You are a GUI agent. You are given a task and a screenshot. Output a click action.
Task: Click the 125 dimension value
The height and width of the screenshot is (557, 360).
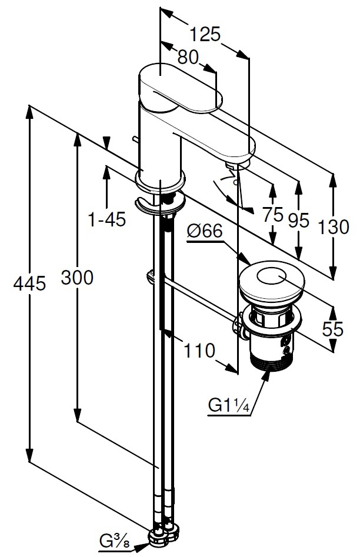click(x=206, y=35)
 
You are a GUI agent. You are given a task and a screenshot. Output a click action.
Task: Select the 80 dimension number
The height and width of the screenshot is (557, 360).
click(x=188, y=57)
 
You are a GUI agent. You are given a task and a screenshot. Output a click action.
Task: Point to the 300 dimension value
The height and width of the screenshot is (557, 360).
click(x=77, y=278)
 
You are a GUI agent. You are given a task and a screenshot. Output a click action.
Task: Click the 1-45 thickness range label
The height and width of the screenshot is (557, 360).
click(x=106, y=220)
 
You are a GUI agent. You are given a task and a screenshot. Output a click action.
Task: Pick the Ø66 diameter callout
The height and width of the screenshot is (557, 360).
click(x=204, y=232)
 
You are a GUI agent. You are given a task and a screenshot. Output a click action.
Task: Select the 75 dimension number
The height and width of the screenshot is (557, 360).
click(x=273, y=215)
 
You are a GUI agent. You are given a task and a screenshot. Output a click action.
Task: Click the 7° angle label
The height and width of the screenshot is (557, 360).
click(x=228, y=178)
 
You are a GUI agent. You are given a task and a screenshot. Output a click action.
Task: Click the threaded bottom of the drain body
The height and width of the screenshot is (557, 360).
click(x=272, y=357)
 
